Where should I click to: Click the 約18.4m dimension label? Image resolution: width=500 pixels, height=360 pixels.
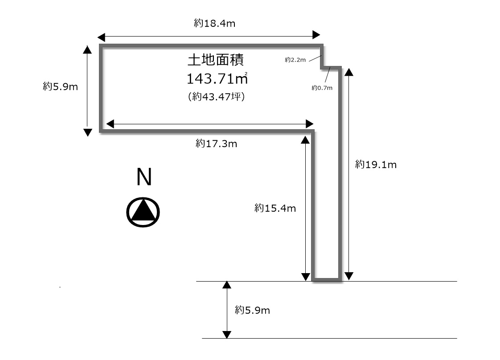click(x=215, y=23)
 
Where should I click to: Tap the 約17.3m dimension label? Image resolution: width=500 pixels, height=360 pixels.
click(x=217, y=144)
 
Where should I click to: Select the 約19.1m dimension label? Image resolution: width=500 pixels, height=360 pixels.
click(x=376, y=164)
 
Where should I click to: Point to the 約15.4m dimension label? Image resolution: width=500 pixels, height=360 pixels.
click(x=275, y=208)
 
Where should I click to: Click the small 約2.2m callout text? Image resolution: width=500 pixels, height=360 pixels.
click(x=295, y=60)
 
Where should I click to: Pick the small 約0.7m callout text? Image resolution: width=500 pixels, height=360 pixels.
click(x=322, y=88)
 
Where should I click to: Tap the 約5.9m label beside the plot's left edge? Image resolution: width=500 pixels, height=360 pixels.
click(x=61, y=86)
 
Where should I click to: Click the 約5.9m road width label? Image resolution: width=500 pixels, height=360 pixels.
click(x=253, y=310)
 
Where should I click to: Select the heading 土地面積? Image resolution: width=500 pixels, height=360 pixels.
click(x=216, y=60)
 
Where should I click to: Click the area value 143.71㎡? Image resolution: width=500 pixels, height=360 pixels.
click(x=217, y=79)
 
